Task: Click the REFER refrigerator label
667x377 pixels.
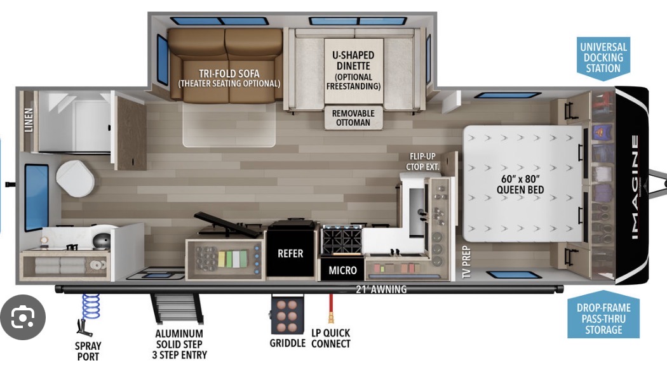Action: point(290,254)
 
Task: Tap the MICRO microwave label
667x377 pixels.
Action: point(342,270)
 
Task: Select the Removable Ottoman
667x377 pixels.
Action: point(353,117)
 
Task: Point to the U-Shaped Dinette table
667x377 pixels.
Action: point(353,71)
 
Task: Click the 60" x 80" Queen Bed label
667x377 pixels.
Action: point(520,185)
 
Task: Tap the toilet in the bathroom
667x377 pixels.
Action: point(76,178)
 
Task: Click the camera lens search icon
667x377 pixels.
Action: point(23,317)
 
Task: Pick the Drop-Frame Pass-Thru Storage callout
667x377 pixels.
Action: point(603,315)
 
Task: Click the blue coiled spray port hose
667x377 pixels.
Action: point(91,306)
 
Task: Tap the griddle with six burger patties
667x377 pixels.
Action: point(287,315)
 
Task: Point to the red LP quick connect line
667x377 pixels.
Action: point(330,308)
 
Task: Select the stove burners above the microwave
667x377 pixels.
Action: point(342,240)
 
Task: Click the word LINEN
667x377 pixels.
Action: point(29,121)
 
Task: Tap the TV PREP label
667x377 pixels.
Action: point(467,262)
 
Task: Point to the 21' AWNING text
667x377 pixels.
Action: point(381,289)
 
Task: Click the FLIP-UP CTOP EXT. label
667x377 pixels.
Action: point(422,161)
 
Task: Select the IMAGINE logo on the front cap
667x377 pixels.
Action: point(635,187)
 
